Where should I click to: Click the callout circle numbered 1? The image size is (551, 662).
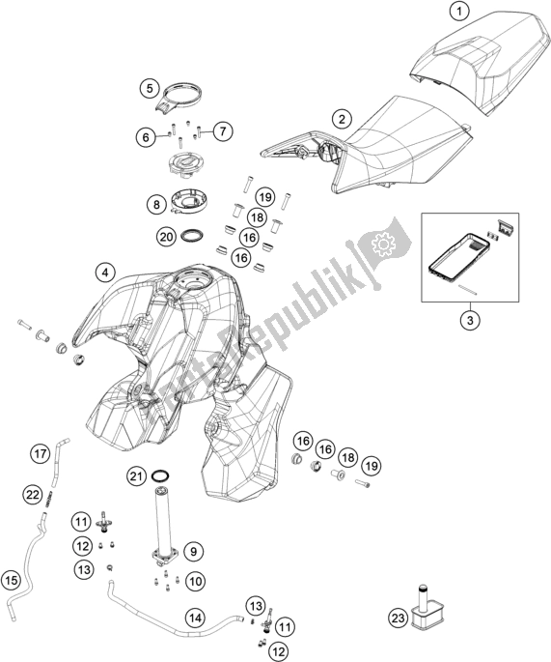tap(461, 12)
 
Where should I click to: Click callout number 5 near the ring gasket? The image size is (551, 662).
tap(150, 88)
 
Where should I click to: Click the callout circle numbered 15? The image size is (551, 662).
tap(13, 581)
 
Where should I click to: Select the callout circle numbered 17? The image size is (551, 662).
tap(39, 452)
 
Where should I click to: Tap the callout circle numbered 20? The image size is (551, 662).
tap(166, 235)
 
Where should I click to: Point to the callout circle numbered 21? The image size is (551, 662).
tap(137, 475)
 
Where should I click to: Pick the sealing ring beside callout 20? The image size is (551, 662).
tap(193, 235)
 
